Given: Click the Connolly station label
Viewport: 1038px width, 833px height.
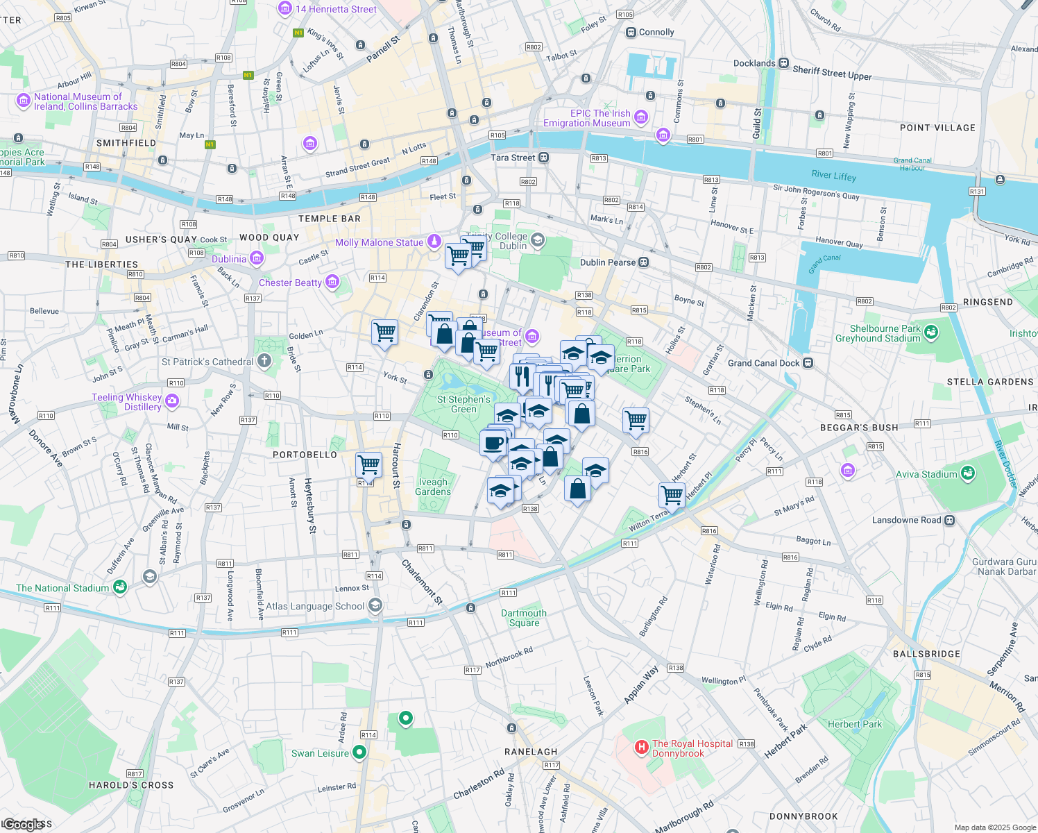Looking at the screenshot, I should [656, 33].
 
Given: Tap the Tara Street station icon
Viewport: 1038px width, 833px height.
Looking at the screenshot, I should [544, 158].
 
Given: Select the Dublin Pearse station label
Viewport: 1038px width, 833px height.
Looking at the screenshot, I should [608, 262].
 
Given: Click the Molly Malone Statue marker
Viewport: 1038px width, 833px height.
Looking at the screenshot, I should [434, 242].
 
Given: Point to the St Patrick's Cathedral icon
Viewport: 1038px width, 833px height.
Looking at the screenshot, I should [264, 361].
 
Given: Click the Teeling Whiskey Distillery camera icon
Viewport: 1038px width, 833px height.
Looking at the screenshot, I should [172, 401].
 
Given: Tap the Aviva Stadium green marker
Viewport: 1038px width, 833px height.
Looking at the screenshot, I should [968, 474].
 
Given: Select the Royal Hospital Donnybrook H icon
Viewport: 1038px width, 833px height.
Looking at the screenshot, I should [642, 748].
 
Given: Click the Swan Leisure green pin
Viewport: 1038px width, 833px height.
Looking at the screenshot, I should [359, 752].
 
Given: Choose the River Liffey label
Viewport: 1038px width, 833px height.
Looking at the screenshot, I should [834, 176].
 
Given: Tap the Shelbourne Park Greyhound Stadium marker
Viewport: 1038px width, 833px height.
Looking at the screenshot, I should [931, 333].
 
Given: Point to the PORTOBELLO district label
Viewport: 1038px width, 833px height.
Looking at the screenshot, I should [305, 455].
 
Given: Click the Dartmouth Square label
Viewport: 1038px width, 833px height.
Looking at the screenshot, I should [524, 618].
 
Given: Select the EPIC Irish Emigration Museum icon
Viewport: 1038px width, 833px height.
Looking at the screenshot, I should [641, 117].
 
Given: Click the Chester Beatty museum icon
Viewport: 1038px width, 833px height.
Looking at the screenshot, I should [332, 282].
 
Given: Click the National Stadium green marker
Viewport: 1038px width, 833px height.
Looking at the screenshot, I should [120, 587].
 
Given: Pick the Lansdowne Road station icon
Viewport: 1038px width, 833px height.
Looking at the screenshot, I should [950, 520].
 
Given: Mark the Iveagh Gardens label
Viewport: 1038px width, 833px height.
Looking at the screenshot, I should [433, 487].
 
